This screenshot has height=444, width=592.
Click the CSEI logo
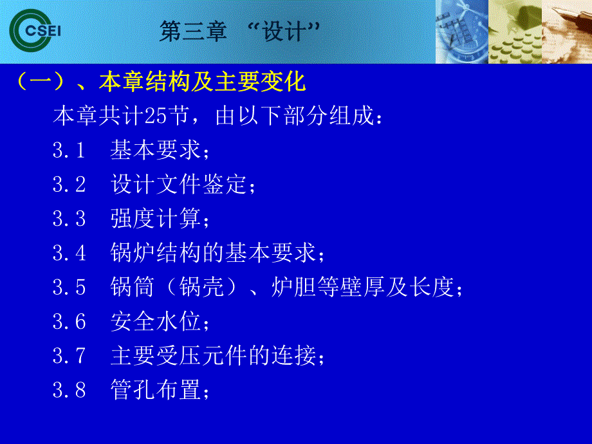point(33,31)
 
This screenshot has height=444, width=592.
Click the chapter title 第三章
point(192,32)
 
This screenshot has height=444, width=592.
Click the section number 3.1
point(69,151)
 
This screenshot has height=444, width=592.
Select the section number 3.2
point(69,185)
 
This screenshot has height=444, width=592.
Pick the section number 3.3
point(69,219)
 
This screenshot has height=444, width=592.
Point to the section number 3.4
point(69,254)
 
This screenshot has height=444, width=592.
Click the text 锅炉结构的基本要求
point(213,254)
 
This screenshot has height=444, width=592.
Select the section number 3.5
point(69,288)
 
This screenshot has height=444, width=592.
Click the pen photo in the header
point(566,32)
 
